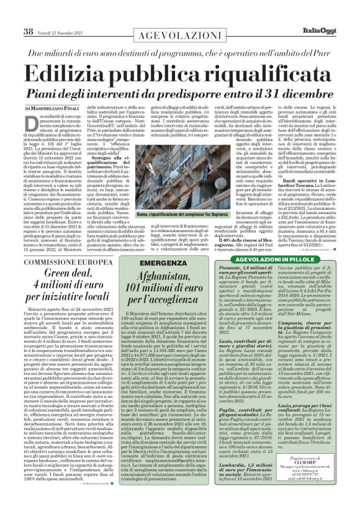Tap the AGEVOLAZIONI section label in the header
pos(179,14)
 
